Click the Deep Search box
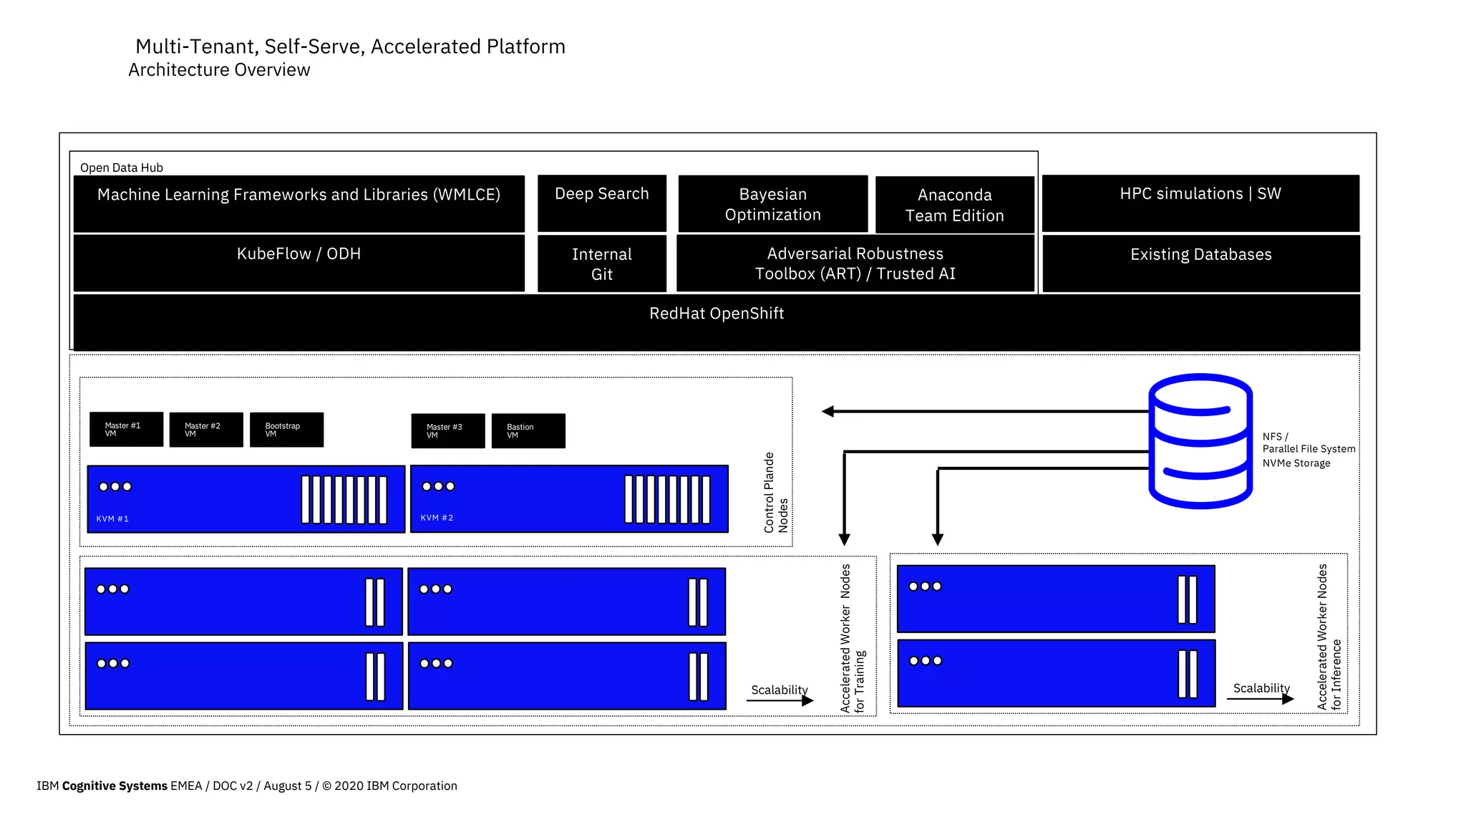[601, 203]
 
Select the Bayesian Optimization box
[772, 204]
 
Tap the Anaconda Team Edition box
[954, 205]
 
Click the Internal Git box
[601, 264]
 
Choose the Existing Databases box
[1200, 263]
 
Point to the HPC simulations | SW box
[1200, 203]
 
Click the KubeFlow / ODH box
[298, 263]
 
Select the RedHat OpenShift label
[716, 314]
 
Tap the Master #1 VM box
[126, 429]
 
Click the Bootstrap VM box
[286, 430]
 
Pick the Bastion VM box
[528, 430]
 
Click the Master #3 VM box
[447, 430]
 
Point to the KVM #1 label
[112, 518]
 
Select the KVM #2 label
[437, 518]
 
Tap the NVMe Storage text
[1296, 463]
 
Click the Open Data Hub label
[122, 168]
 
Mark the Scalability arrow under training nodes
[779, 700]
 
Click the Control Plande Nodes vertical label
[775, 492]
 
